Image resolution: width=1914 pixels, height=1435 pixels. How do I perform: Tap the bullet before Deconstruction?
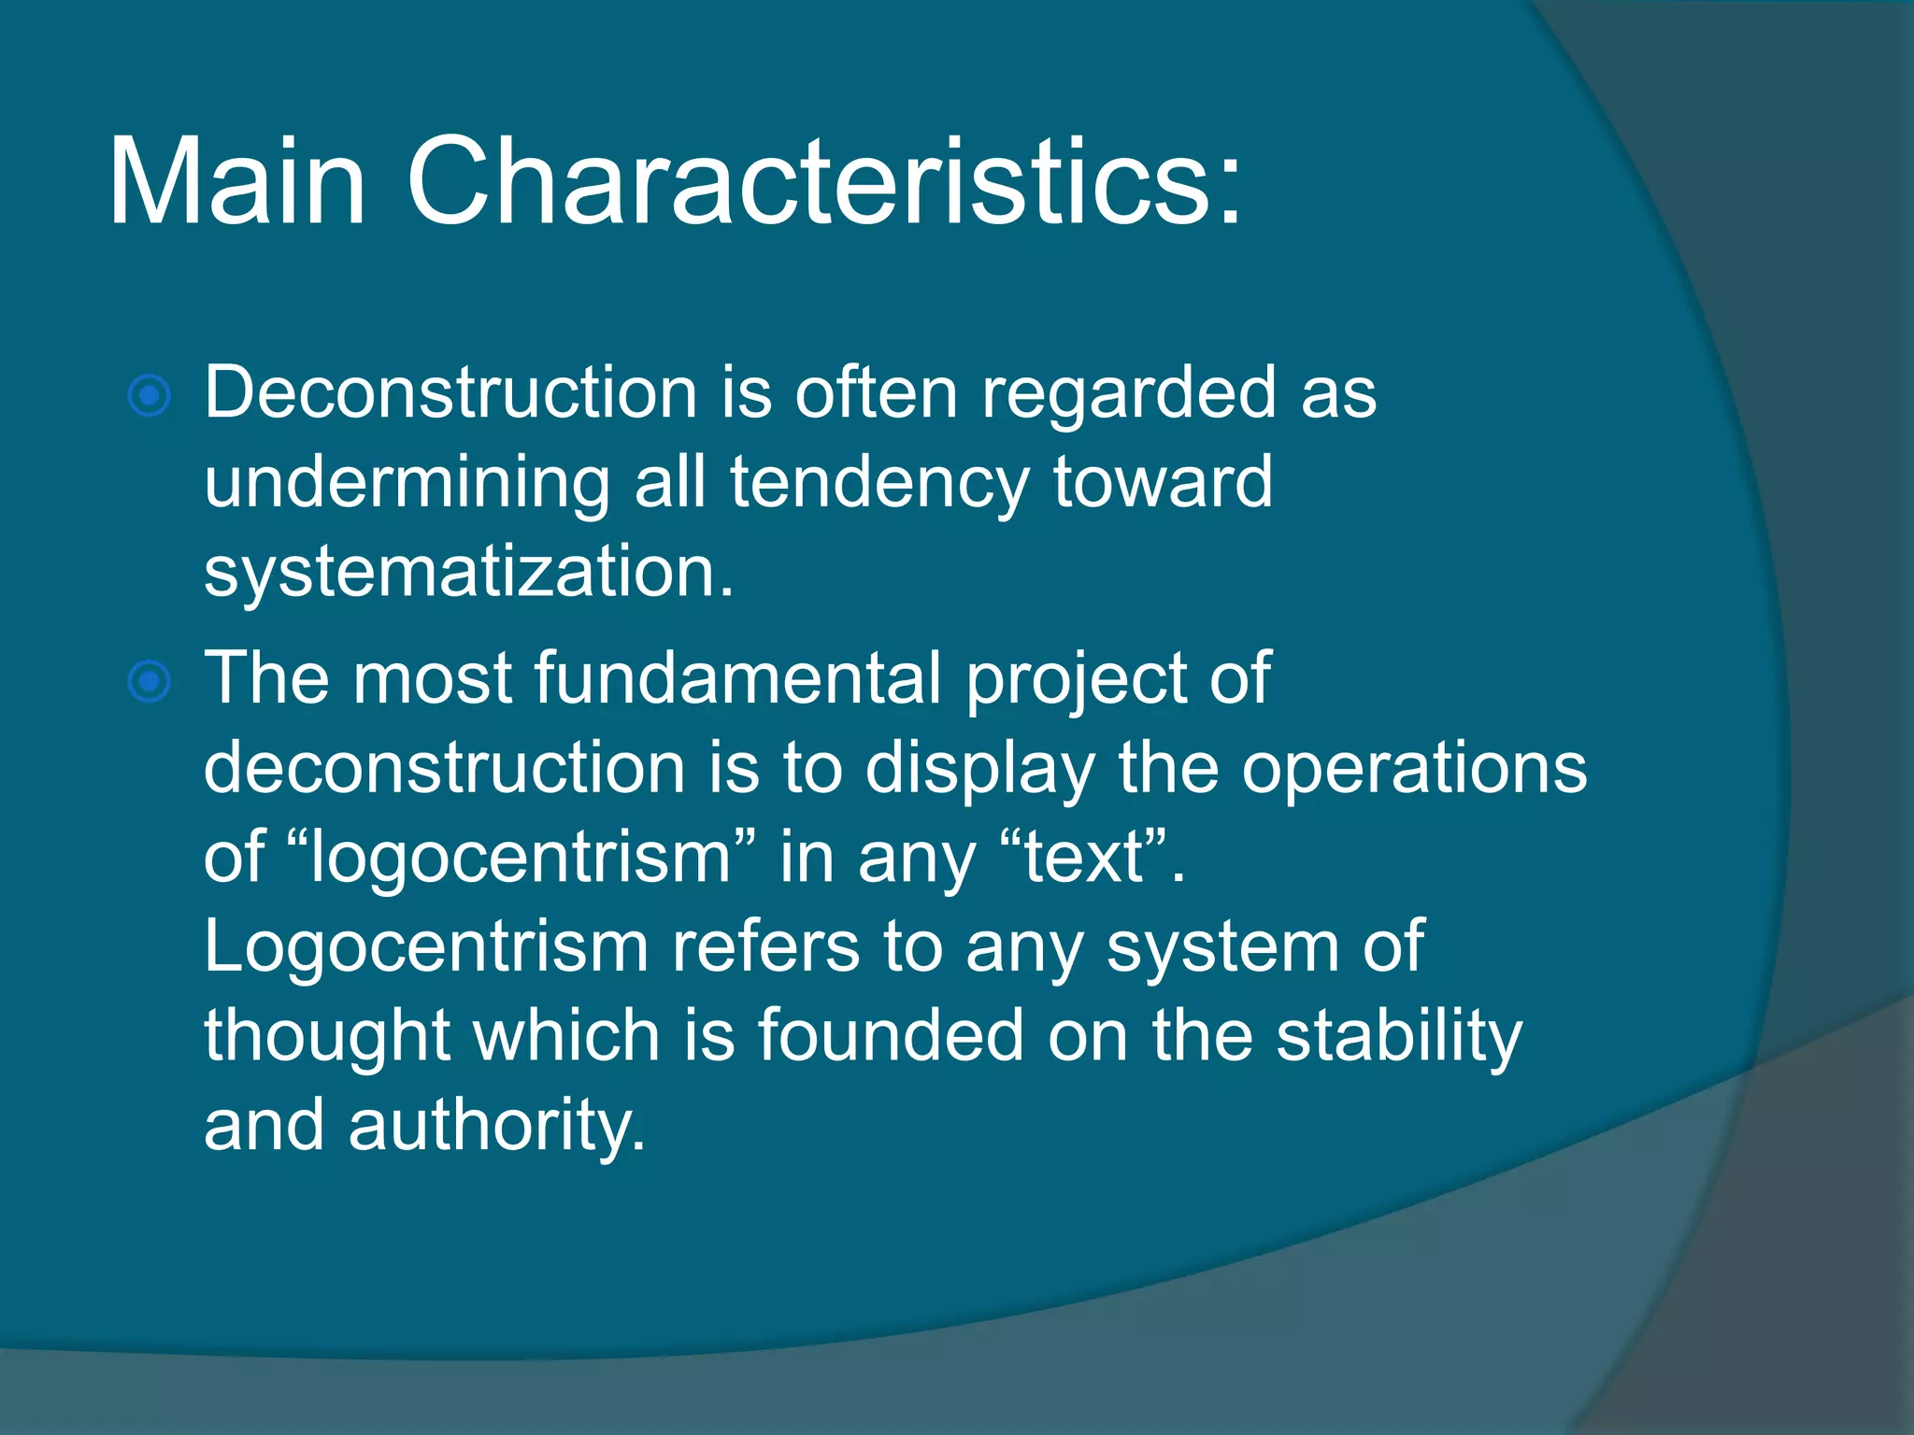[149, 396]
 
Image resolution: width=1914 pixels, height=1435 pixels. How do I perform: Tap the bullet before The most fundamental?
[149, 682]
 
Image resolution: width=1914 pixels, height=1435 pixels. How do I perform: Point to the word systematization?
[467, 572]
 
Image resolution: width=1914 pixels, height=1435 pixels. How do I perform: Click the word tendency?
[878, 484]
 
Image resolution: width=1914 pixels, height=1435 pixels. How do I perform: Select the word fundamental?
[738, 678]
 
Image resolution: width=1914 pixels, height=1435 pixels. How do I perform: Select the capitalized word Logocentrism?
[426, 947]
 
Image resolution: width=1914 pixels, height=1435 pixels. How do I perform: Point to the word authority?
[495, 1127]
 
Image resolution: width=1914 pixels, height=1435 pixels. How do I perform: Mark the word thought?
[327, 1037]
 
